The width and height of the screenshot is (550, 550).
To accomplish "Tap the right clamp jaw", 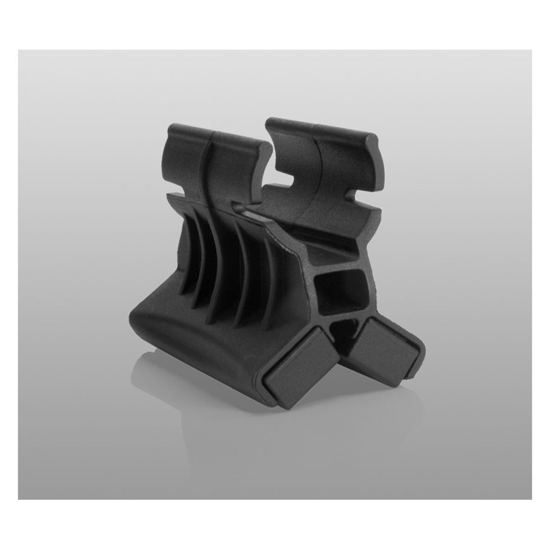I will [327, 157].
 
